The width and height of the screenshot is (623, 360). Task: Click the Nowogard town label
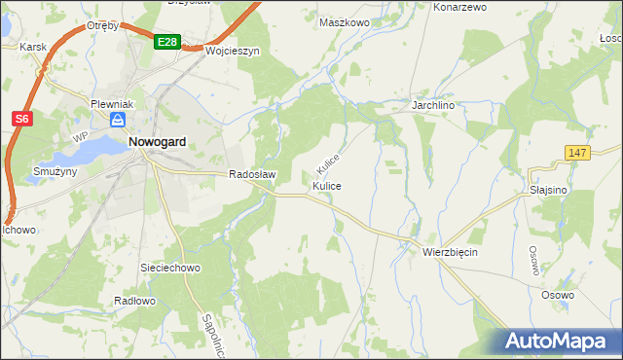click(x=157, y=141)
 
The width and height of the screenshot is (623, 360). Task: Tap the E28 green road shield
click(x=166, y=42)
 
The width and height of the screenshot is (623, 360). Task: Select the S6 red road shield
click(x=22, y=119)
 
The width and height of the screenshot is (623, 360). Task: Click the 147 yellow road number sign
click(x=578, y=153)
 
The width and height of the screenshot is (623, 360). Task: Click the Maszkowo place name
click(x=346, y=21)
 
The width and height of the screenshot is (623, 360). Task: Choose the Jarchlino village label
click(x=434, y=104)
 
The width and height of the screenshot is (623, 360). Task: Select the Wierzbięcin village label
click(x=450, y=251)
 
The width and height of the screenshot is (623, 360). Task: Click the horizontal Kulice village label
click(x=326, y=185)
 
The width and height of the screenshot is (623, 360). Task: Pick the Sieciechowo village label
click(x=170, y=267)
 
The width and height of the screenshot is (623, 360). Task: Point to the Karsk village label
click(x=33, y=47)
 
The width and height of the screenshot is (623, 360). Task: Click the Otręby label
click(x=102, y=25)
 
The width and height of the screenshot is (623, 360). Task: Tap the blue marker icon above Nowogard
click(x=117, y=120)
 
